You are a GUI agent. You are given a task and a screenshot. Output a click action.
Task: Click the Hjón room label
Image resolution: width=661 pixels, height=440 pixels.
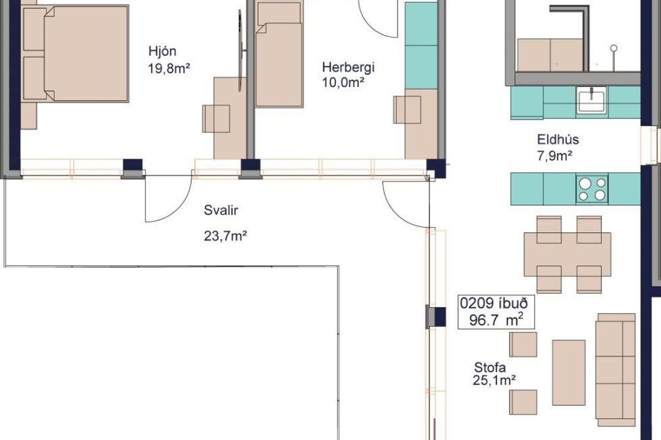pos(162,52)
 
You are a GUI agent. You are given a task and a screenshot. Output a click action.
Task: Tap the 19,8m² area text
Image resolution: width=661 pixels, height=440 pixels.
pos(169,68)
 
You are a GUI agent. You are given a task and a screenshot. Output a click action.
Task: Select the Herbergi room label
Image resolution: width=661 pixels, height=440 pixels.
pos(348,67)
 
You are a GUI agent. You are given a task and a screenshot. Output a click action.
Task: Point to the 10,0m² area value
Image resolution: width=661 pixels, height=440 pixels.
pos(343,83)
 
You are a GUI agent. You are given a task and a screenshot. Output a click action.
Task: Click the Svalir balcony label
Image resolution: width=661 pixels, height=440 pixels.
pos(221,210)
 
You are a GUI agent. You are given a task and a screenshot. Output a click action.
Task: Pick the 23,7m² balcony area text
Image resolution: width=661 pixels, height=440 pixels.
pos(225,236)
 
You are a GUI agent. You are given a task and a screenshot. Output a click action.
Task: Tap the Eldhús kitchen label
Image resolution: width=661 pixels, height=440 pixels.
pos(558,140)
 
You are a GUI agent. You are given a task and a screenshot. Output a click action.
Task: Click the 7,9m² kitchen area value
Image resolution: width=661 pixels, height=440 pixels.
pos(554,156)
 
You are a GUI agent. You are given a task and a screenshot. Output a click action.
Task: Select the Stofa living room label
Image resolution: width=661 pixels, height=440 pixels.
pos(490,367)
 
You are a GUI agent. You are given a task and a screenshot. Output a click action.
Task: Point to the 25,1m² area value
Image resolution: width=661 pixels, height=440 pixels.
pos(494,380)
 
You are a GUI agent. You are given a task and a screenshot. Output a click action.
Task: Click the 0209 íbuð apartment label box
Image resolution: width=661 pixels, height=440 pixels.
pos(496,312)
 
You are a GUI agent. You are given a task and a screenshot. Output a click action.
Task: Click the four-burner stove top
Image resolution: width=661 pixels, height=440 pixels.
pos(591,189)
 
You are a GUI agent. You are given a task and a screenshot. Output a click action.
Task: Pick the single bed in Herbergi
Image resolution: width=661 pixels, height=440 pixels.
pos(279,55)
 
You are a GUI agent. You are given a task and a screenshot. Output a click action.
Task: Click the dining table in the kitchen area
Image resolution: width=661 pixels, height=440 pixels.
pos(567,254)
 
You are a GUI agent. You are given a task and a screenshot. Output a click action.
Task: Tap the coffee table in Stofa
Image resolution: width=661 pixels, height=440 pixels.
pos(569,373)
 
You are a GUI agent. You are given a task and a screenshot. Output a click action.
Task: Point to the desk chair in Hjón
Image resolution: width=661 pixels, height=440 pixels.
pos(216,119)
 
